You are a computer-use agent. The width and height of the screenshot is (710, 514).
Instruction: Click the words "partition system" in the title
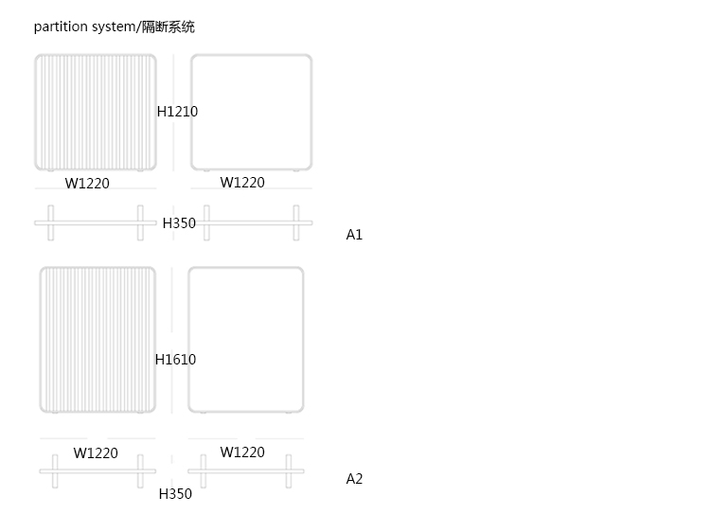pos(84,27)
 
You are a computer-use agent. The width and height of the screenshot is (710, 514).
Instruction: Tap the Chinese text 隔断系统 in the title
pos(169,27)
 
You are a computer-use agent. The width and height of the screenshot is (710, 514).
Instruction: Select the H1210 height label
pos(177,112)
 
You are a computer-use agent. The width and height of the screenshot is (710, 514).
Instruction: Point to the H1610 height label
pos(175,360)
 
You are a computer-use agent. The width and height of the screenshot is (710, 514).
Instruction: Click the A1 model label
pos(354,235)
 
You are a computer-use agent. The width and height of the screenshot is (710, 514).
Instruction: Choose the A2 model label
pos(354,479)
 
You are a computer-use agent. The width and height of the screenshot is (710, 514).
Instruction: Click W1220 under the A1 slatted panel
pos(87,184)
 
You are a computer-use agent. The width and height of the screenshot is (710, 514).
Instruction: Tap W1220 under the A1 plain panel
pos(242,183)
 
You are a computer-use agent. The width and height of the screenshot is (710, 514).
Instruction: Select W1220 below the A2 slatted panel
pos(96,453)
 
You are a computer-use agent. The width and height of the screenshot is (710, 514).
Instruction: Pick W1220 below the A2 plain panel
pos(242,452)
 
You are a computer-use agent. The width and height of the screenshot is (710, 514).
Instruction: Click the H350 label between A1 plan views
pos(179,223)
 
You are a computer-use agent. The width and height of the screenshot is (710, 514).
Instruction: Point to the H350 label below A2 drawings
pos(175,494)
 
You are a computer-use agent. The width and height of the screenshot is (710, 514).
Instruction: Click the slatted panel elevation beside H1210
pos(96,113)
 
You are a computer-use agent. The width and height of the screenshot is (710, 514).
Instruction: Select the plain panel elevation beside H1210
pos(252,113)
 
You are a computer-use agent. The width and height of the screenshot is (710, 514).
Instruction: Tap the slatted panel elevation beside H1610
pos(98,340)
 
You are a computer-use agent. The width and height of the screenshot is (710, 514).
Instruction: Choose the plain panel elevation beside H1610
pos(246,340)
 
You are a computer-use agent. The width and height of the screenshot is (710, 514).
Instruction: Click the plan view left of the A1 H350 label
pos(95,223)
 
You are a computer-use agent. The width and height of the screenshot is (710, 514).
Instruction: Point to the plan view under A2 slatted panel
pos(98,471)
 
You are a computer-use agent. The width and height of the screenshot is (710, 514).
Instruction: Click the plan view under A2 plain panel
pos(246,471)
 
